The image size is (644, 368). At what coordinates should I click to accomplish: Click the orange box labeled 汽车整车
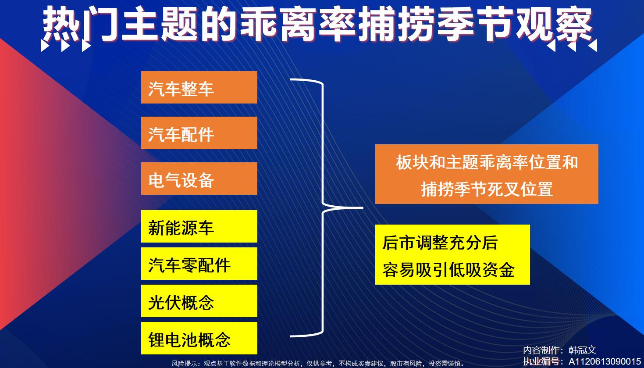(199, 87)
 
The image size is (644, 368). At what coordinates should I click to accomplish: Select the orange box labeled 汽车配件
(199, 133)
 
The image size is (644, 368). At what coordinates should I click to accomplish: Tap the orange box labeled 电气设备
(199, 179)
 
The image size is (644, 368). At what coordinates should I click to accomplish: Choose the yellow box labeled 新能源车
(199, 226)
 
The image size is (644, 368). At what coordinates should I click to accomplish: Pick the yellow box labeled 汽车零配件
(199, 264)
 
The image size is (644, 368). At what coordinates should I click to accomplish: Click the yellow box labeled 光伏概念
(199, 301)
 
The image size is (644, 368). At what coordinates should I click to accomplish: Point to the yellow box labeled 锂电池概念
(199, 338)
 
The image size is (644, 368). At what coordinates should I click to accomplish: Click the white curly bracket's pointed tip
(363, 207)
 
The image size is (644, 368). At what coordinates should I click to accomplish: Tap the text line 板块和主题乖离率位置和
(487, 162)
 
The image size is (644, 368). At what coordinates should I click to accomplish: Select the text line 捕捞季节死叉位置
(487, 189)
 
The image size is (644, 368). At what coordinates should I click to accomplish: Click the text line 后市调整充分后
(440, 243)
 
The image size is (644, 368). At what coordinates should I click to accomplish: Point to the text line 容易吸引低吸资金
(448, 270)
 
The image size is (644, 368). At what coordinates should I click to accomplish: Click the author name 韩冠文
(582, 350)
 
